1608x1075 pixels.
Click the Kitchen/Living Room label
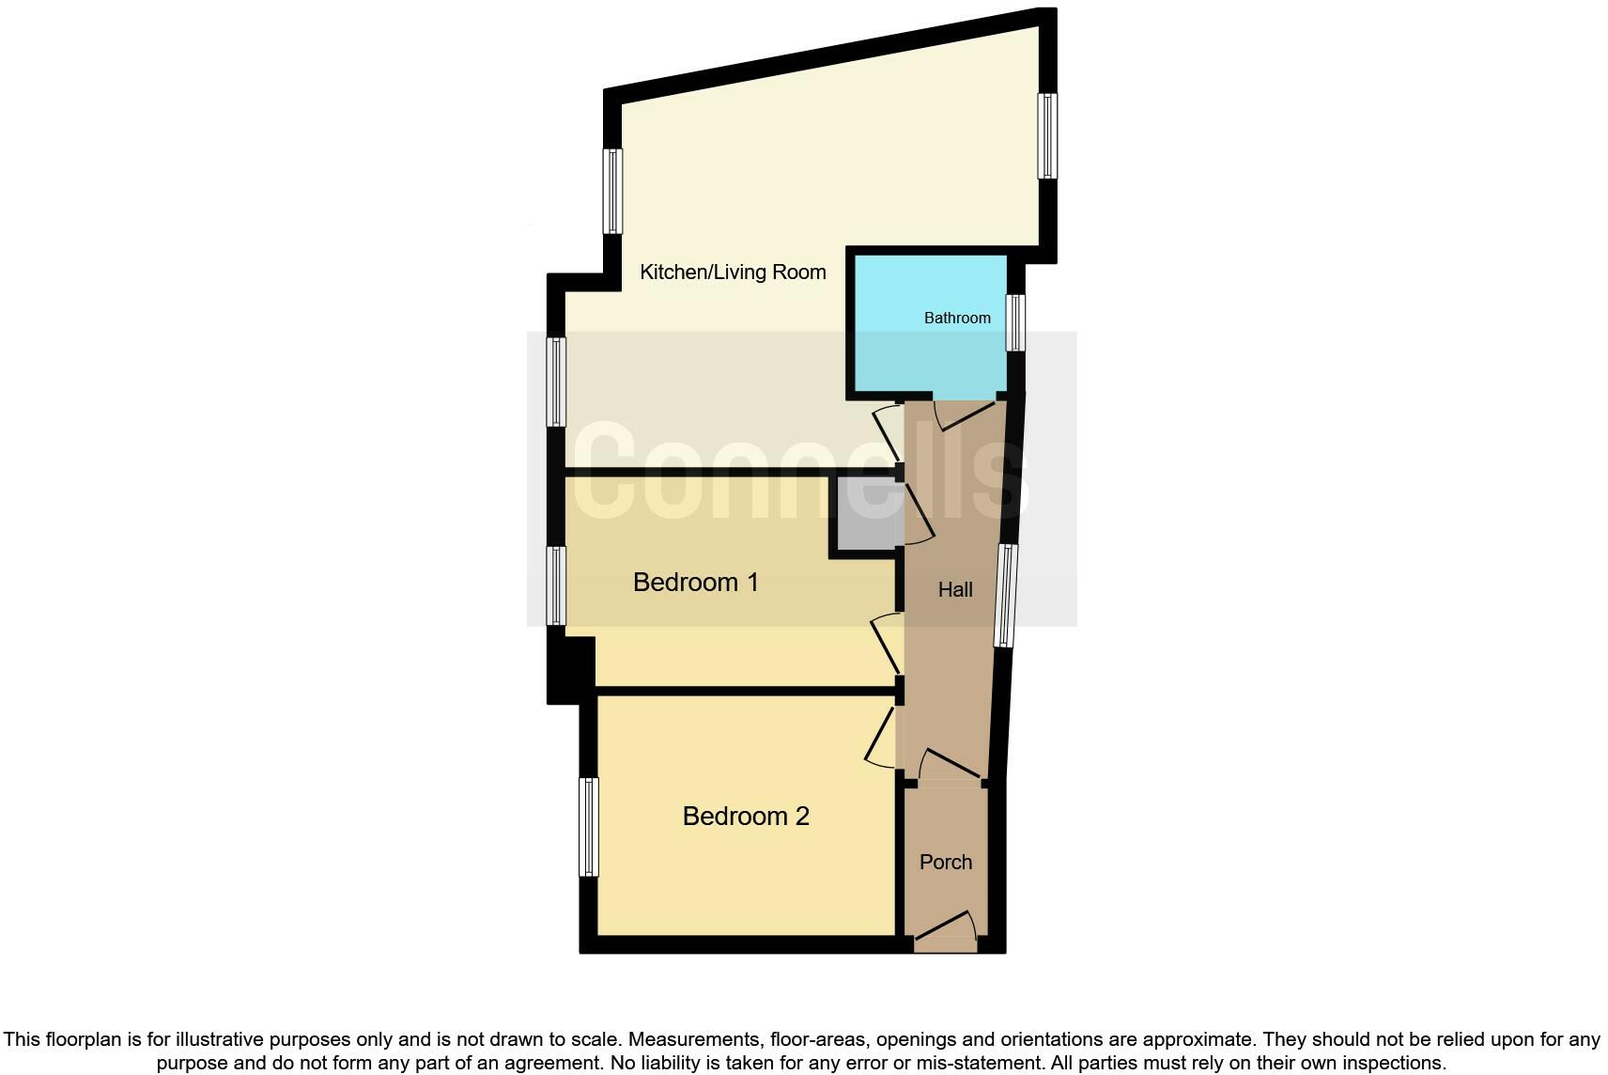[733, 273]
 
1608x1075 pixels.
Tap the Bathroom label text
[957, 318]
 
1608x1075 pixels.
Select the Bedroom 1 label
[695, 583]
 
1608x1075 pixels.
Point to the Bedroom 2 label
[746, 816]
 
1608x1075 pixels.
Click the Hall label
[955, 590]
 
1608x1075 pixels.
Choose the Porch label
[946, 862]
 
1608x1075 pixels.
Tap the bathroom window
[1015, 322]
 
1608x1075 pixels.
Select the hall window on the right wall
[1006, 596]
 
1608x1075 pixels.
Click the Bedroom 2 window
[589, 826]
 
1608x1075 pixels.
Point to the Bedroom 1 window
[557, 585]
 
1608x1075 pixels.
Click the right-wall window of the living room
[1047, 135]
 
